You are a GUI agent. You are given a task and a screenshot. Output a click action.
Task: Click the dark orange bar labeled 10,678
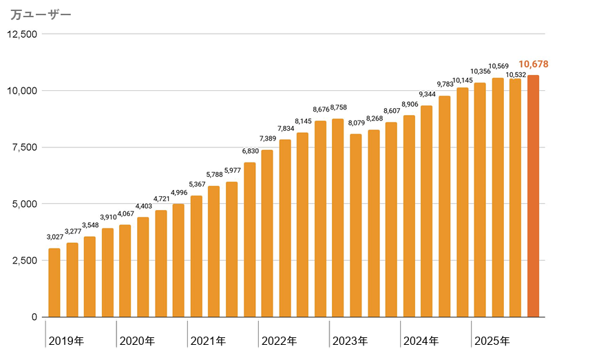tap(533, 196)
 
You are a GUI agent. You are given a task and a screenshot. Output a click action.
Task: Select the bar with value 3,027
tap(54, 282)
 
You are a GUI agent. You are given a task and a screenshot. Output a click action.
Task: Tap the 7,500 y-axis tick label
tap(25, 147)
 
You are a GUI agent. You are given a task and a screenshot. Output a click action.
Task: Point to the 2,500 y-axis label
tap(25, 260)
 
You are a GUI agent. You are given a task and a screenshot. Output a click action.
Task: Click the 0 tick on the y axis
tap(34, 317)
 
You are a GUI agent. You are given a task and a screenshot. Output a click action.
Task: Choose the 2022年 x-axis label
tap(279, 341)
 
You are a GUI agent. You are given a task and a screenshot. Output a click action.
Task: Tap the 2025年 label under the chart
tap(492, 341)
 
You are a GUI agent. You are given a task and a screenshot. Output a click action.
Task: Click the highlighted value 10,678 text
tap(534, 64)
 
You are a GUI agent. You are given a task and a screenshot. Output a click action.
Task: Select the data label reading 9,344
tap(427, 94)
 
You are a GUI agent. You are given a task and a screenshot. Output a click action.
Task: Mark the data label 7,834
tap(285, 128)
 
